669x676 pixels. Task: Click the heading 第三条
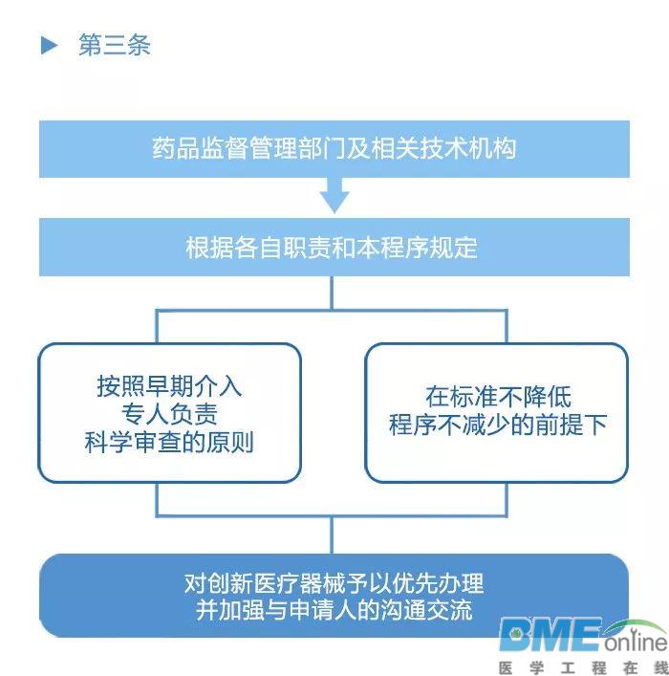pos(115,45)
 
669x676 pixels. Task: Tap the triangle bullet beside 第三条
pos(49,45)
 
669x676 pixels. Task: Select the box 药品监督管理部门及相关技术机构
pos(334,149)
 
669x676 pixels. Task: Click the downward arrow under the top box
pos(334,195)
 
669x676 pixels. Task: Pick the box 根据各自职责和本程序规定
pos(334,247)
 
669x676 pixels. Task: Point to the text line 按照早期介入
pos(169,386)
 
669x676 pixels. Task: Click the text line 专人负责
pos(169,414)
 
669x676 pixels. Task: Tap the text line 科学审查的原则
pos(169,443)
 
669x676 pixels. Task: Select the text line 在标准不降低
pos(498,397)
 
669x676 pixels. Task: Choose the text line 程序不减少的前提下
pos(498,425)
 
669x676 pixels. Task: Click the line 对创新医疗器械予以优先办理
pos(334,583)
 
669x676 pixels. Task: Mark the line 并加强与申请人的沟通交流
pos(334,610)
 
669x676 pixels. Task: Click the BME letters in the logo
pos(550,635)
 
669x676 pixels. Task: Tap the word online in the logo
pos(636,643)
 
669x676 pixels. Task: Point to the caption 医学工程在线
pos(583,667)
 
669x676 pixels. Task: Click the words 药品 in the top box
pos(176,149)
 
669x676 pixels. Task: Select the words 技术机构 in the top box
pos(467,149)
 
